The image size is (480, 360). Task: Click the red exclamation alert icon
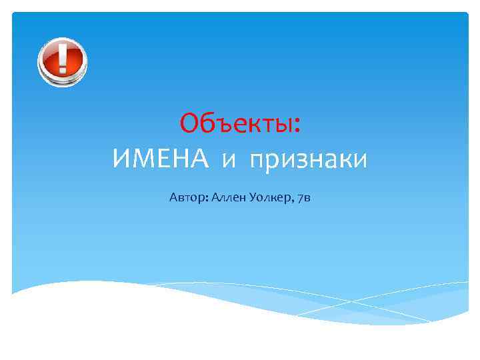point(62,61)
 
